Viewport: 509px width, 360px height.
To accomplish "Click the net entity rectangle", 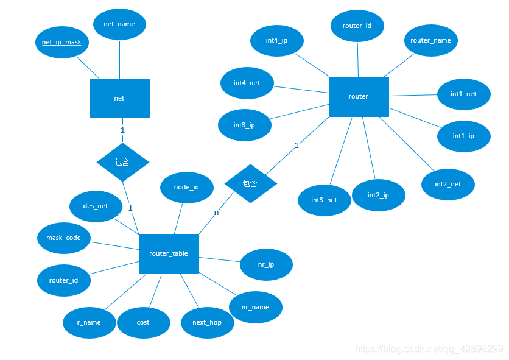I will [119, 98].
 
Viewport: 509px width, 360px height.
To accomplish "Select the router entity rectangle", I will [359, 96].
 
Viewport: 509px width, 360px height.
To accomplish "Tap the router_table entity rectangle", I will [169, 253].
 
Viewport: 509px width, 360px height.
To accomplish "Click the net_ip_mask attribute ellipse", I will [62, 42].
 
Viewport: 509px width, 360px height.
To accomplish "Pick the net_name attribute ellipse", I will [119, 24].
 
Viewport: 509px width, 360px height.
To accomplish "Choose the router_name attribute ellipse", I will [430, 40].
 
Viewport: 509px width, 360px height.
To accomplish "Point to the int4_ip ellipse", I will [276, 40].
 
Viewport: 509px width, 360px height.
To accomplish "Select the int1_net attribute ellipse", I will [463, 94].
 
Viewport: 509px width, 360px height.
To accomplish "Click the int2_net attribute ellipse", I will [448, 184].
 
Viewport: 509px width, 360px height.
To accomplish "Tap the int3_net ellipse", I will [324, 200].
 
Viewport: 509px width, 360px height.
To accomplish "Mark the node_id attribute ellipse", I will [186, 187].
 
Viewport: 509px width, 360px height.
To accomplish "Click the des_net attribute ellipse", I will [96, 206].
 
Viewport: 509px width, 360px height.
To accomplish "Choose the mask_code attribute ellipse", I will [64, 238].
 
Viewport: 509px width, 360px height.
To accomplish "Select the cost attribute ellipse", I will [143, 322].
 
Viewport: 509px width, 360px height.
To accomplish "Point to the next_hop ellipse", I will [207, 322].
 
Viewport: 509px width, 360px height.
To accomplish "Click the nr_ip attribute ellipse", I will [266, 265].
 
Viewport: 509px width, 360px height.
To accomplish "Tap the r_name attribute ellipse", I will [89, 322].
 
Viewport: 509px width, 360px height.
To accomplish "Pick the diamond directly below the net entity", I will [122, 162].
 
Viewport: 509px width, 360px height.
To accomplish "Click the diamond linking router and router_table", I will [250, 183].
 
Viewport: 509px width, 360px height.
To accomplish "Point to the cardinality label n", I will [216, 213].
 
